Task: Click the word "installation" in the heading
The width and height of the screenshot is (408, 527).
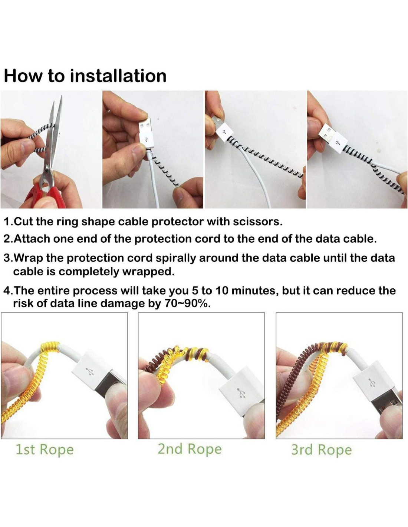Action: coord(118,76)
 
